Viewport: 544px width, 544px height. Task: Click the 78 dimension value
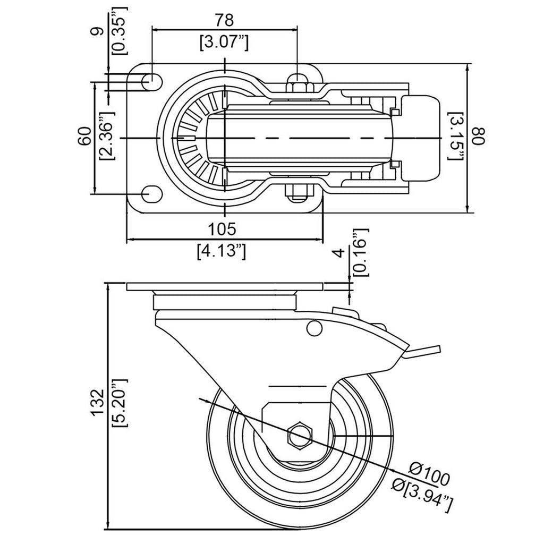coord(224,20)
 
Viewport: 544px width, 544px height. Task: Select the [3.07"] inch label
coord(224,43)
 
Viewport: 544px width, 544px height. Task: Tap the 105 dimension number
coord(222,228)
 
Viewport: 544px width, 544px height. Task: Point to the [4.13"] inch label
coord(222,251)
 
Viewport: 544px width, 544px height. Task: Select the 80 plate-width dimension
coord(479,137)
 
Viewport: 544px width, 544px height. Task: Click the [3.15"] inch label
coord(455,136)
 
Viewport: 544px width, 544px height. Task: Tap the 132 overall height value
coord(98,402)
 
